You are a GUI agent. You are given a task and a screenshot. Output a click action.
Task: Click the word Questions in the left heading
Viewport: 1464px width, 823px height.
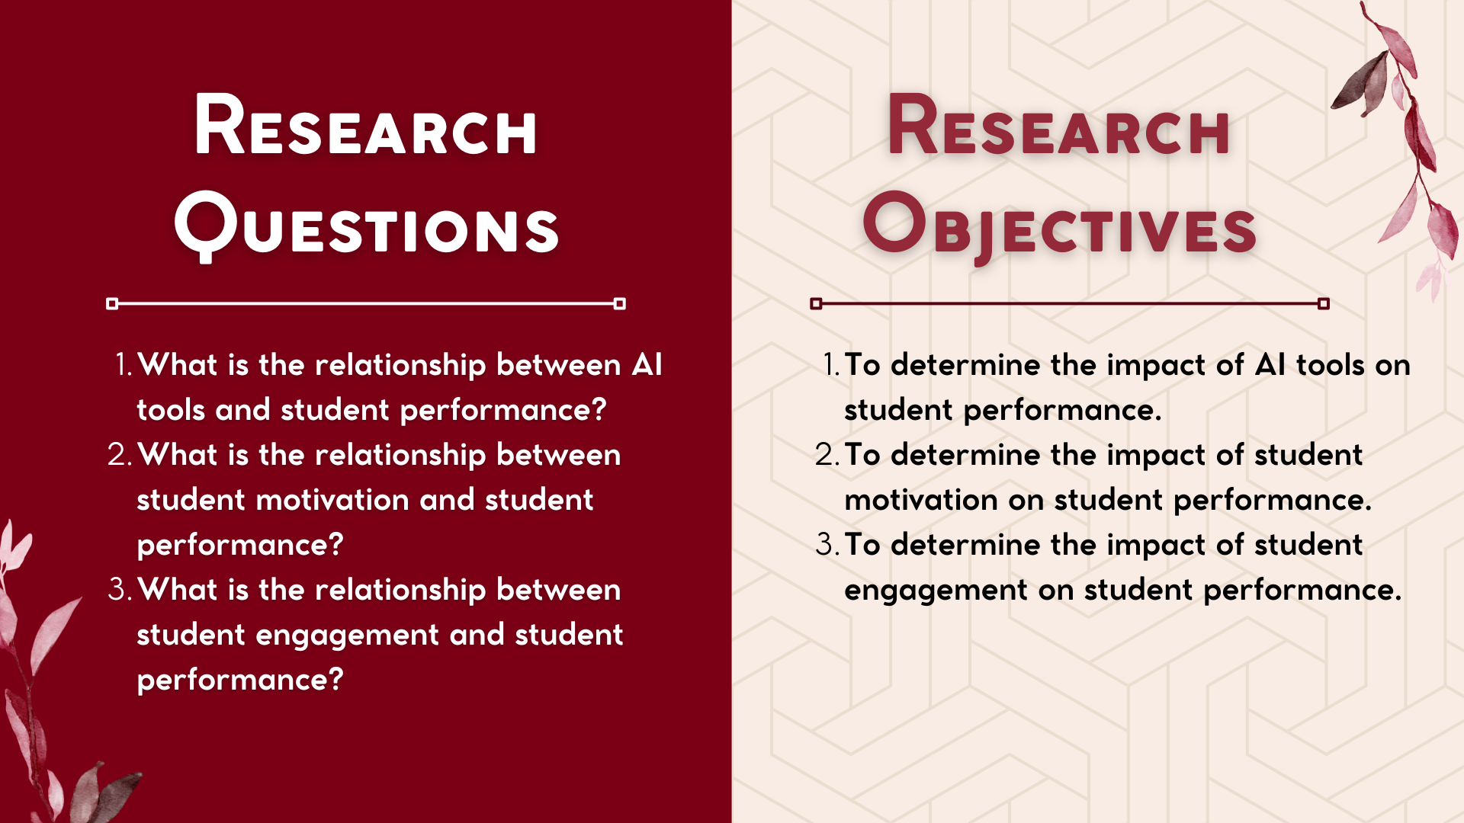point(367,226)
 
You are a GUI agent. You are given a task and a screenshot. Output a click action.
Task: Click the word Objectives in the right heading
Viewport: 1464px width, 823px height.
point(1060,227)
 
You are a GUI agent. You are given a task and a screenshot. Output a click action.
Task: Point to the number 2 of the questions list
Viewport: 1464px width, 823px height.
point(120,454)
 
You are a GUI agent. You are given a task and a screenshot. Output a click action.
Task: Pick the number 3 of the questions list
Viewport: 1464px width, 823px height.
point(120,589)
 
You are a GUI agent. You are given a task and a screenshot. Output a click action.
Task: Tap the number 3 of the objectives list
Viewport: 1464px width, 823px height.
point(827,544)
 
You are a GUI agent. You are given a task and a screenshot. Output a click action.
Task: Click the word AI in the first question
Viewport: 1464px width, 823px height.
point(647,364)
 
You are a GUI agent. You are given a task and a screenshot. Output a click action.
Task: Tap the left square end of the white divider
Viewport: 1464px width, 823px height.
point(112,303)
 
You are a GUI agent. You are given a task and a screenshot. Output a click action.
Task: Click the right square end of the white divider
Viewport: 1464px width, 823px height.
point(620,303)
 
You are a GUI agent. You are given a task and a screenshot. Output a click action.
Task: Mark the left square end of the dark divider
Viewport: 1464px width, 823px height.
point(816,303)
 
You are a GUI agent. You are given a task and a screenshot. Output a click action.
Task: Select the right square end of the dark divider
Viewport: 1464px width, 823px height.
point(1324,303)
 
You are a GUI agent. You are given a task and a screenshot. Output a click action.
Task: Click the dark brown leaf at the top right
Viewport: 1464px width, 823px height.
point(1361,81)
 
